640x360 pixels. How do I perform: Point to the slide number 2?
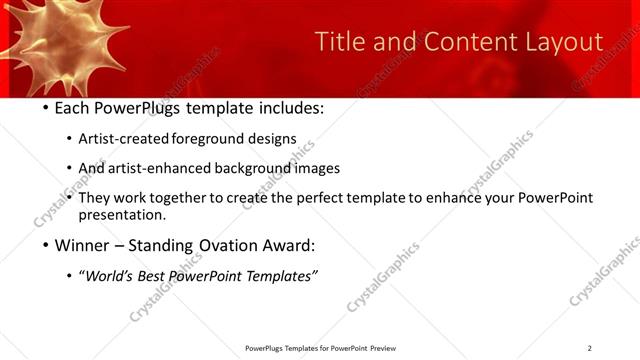coord(589,348)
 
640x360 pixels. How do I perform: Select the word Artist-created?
coord(124,138)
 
